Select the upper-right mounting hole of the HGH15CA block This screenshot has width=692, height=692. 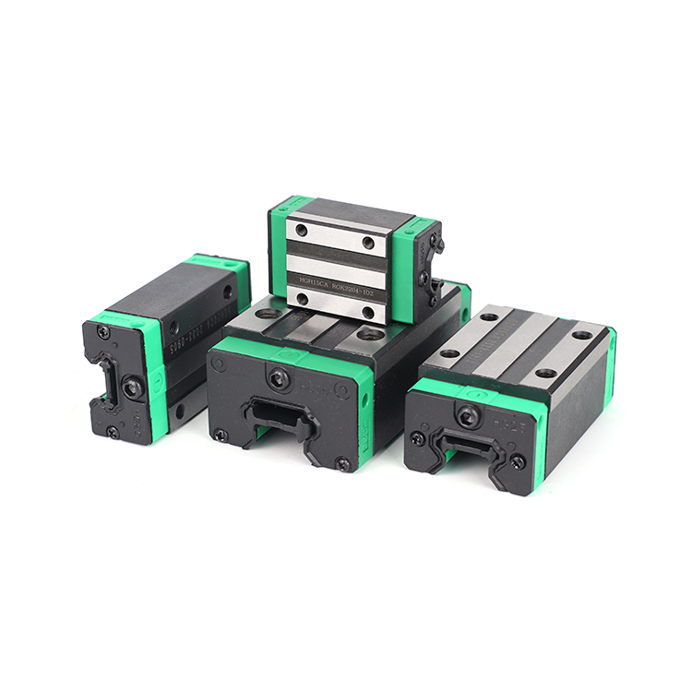[x=368, y=243]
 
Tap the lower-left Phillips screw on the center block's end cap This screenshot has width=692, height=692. [x=221, y=434]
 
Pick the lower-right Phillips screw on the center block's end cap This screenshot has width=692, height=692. [x=342, y=462]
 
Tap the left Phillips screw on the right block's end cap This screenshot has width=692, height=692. [x=418, y=438]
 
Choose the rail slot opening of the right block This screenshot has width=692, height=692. [x=466, y=449]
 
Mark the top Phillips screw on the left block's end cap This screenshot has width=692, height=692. [x=102, y=332]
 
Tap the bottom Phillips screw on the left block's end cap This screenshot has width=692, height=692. [x=113, y=430]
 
